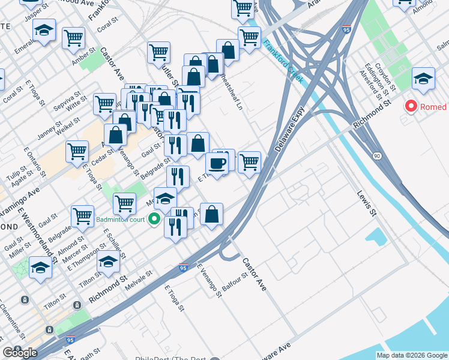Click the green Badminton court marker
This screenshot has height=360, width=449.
click(x=154, y=219)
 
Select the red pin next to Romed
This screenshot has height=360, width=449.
click(x=411, y=107)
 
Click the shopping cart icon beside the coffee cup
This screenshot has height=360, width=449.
click(x=249, y=161)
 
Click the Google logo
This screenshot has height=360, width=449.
click(x=20, y=352)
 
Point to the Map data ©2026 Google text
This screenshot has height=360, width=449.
click(x=412, y=355)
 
